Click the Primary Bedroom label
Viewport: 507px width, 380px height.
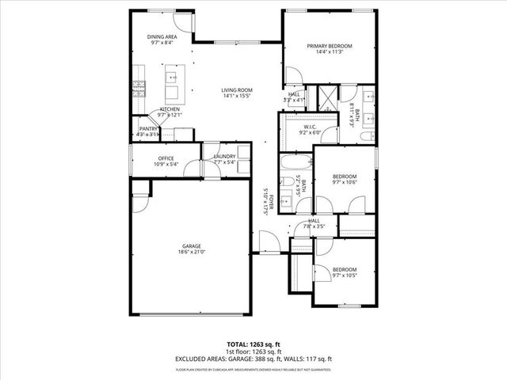pos(330,47)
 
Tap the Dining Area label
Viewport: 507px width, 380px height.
pos(162,37)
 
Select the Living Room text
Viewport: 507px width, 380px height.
pos(237,89)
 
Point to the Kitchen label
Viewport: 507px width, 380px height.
pos(170,108)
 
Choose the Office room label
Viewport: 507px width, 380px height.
pos(166,158)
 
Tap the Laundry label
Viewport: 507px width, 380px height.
pos(224,156)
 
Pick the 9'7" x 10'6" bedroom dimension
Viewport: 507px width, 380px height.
pos(345,182)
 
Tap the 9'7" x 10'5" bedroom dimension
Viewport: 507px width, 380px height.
pos(345,275)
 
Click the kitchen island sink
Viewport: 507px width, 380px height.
pos(170,78)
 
